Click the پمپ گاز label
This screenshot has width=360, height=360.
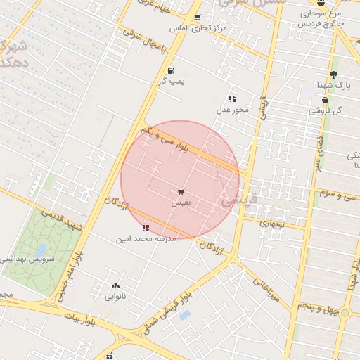click(171, 82)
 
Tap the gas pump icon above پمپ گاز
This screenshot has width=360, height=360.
click(171, 70)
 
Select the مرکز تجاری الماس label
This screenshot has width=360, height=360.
click(198, 29)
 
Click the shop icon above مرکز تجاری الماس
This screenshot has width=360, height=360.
click(197, 18)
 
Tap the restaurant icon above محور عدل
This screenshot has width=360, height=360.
click(232, 98)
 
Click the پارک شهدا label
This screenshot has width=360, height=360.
click(333, 85)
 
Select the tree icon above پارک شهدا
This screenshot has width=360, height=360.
click(333, 74)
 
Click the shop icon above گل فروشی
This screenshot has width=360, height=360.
click(324, 100)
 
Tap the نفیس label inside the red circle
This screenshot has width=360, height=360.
click(182, 202)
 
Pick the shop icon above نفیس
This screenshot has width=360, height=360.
click(181, 191)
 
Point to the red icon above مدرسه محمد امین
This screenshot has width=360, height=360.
click(146, 228)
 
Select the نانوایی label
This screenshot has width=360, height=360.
click(115, 297)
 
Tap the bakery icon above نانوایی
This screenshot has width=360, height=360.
click(115, 286)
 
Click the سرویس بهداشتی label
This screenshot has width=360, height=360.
click(27, 259)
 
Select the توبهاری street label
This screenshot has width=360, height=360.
click(271, 223)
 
